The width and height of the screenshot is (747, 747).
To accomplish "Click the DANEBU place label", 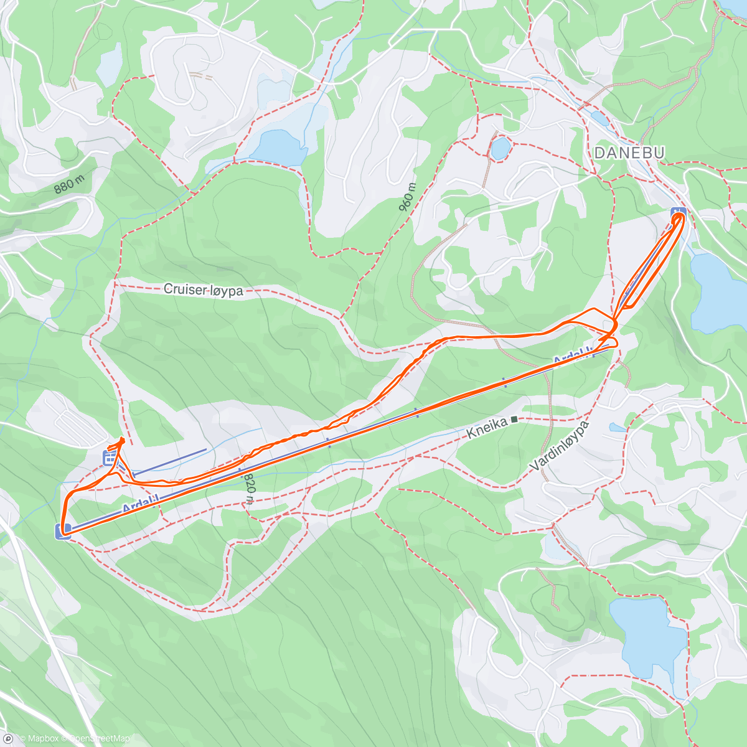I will point(629,153).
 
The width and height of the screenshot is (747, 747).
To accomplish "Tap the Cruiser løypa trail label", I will point(203,289).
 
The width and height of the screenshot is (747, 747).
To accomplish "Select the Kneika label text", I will point(487,426).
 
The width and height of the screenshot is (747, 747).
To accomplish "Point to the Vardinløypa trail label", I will point(559,447).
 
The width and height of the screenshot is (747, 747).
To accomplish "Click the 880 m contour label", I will point(69,184).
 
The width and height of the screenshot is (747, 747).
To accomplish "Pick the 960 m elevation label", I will point(407,197).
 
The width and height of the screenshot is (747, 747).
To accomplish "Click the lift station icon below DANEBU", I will point(678,214).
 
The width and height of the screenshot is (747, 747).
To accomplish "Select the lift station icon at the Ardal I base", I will point(63,530).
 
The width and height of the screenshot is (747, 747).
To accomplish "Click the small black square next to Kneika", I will point(514,420).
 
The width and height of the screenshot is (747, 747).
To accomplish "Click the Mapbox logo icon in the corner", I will point(8,739).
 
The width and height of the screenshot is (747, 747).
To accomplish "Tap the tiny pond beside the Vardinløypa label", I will point(618,427).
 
